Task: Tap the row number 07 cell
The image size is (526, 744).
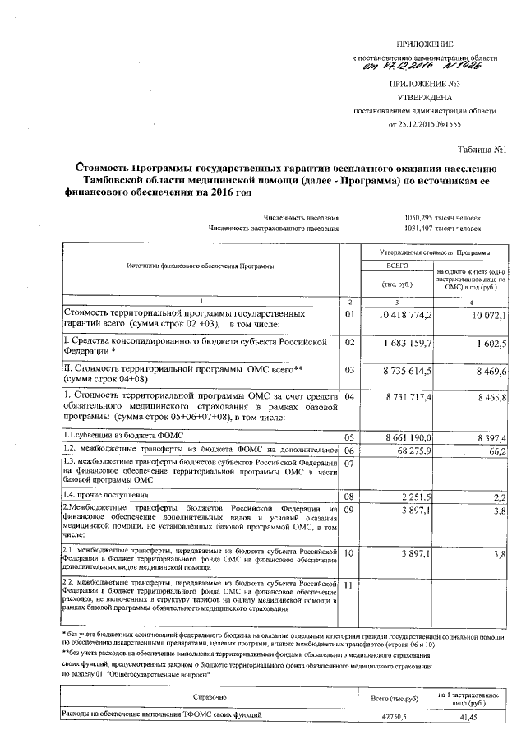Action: tap(349, 464)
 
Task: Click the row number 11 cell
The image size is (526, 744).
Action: tap(349, 585)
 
